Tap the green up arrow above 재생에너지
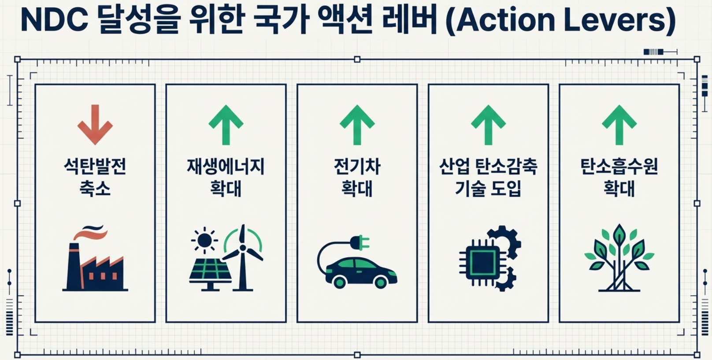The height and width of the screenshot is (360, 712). coord(226,125)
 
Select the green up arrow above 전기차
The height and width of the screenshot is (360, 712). coord(357,125)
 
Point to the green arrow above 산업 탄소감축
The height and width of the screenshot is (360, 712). coord(488,125)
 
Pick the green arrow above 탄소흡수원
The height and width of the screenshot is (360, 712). coord(619,125)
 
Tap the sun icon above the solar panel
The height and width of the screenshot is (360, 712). coord(204,240)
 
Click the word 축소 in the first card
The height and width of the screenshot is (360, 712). coord(95,188)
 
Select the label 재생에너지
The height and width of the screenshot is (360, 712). coord(226,167)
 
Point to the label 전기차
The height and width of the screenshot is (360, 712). coord(357,167)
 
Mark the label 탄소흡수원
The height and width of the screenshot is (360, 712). coord(619,167)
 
